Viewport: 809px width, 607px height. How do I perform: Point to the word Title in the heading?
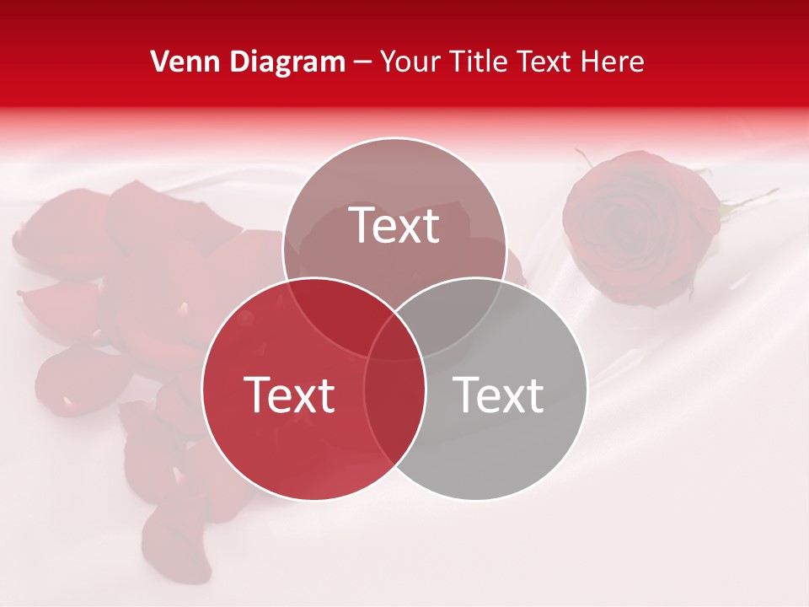(x=484, y=61)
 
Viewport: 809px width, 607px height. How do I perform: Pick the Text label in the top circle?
(x=394, y=225)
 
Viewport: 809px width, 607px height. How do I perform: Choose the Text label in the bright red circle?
(x=289, y=394)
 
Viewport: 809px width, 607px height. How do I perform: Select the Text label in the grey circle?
(x=498, y=394)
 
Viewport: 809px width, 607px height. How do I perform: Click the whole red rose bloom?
(x=640, y=226)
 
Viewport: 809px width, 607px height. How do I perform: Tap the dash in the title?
(x=362, y=62)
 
